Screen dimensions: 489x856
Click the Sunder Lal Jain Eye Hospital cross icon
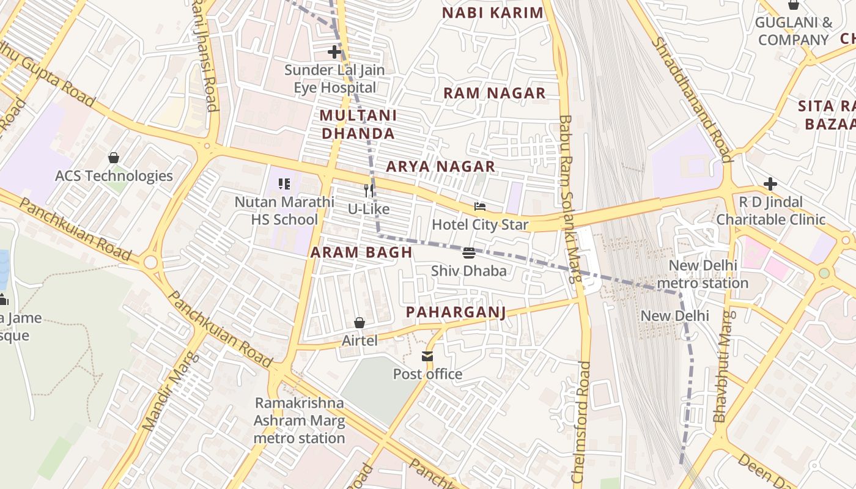click(334, 52)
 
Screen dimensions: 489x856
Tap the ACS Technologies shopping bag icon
click(114, 158)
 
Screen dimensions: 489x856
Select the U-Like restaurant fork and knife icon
click(369, 191)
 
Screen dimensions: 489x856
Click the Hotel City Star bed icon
click(480, 207)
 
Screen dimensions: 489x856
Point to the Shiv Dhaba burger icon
click(469, 253)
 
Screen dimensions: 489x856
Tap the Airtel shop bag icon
click(360, 323)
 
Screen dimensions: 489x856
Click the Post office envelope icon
click(427, 356)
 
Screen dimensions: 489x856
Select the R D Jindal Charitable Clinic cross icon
click(770, 184)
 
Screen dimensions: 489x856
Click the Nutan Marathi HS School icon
click(284, 184)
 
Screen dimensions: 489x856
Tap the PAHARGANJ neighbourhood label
click(456, 312)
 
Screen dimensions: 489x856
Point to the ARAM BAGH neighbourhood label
click(361, 252)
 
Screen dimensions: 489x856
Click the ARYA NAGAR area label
click(440, 166)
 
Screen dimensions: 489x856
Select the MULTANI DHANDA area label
click(358, 124)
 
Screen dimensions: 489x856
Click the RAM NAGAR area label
click(494, 93)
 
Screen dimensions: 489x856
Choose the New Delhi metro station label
click(703, 274)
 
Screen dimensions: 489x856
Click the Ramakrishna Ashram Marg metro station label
click(300, 421)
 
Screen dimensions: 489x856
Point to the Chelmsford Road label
click(581, 422)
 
